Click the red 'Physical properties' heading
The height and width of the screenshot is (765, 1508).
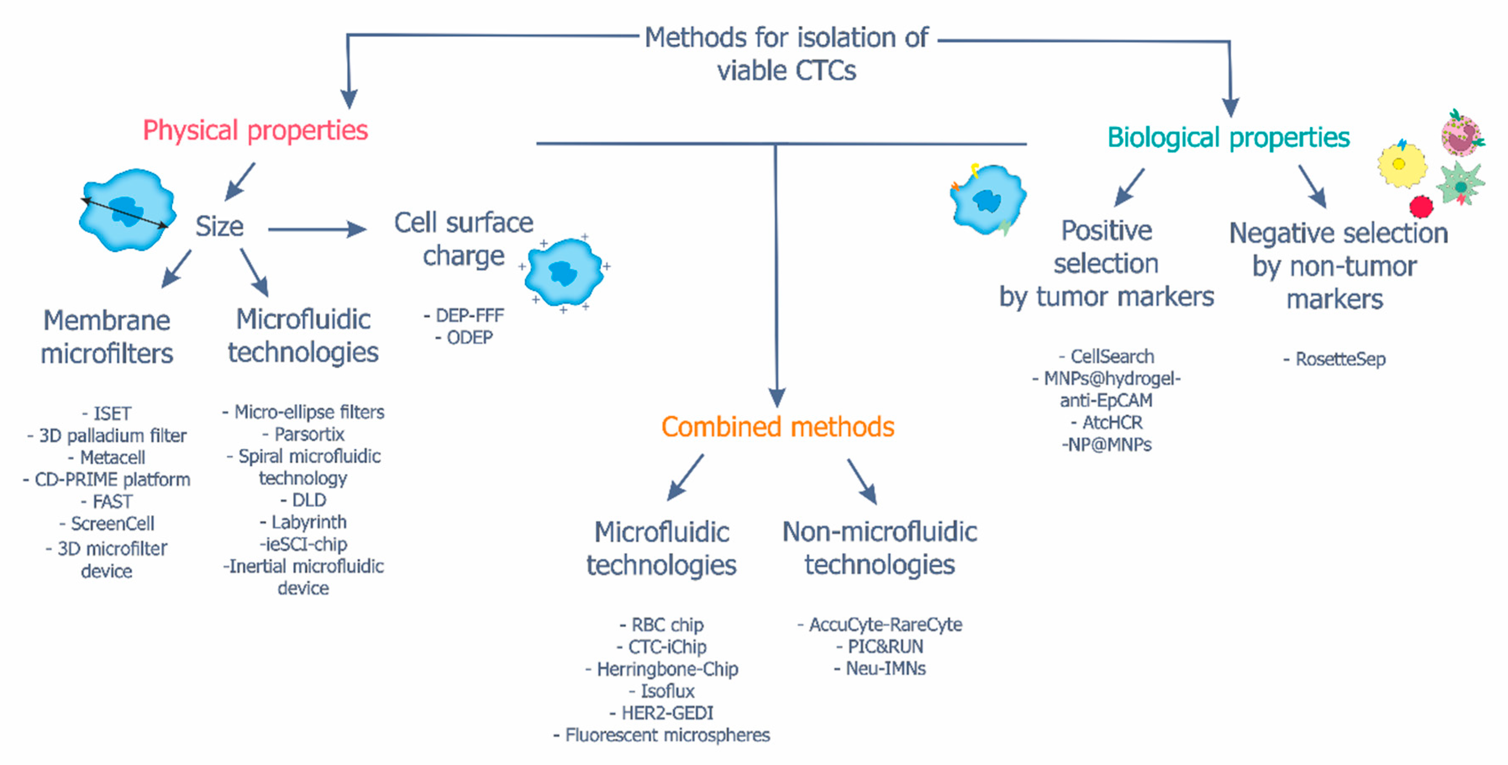(x=255, y=130)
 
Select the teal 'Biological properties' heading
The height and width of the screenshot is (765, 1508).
(x=1228, y=138)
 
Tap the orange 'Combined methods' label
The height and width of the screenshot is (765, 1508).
(x=778, y=427)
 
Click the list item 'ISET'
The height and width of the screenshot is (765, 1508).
(x=112, y=414)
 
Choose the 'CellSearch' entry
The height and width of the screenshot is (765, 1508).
(x=1112, y=356)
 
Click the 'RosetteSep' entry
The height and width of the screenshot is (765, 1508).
(x=1340, y=359)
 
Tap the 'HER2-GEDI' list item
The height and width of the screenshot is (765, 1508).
(x=667, y=713)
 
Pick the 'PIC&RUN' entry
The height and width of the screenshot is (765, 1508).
(x=885, y=647)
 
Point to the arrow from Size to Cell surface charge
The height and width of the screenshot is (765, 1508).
(x=316, y=229)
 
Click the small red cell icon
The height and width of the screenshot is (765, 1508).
(x=1421, y=207)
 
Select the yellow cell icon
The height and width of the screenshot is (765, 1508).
(x=1401, y=165)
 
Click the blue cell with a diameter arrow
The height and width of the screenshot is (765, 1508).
(x=126, y=210)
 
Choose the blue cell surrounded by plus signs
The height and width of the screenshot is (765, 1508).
(x=563, y=272)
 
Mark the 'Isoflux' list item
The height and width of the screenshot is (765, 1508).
(x=667, y=691)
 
